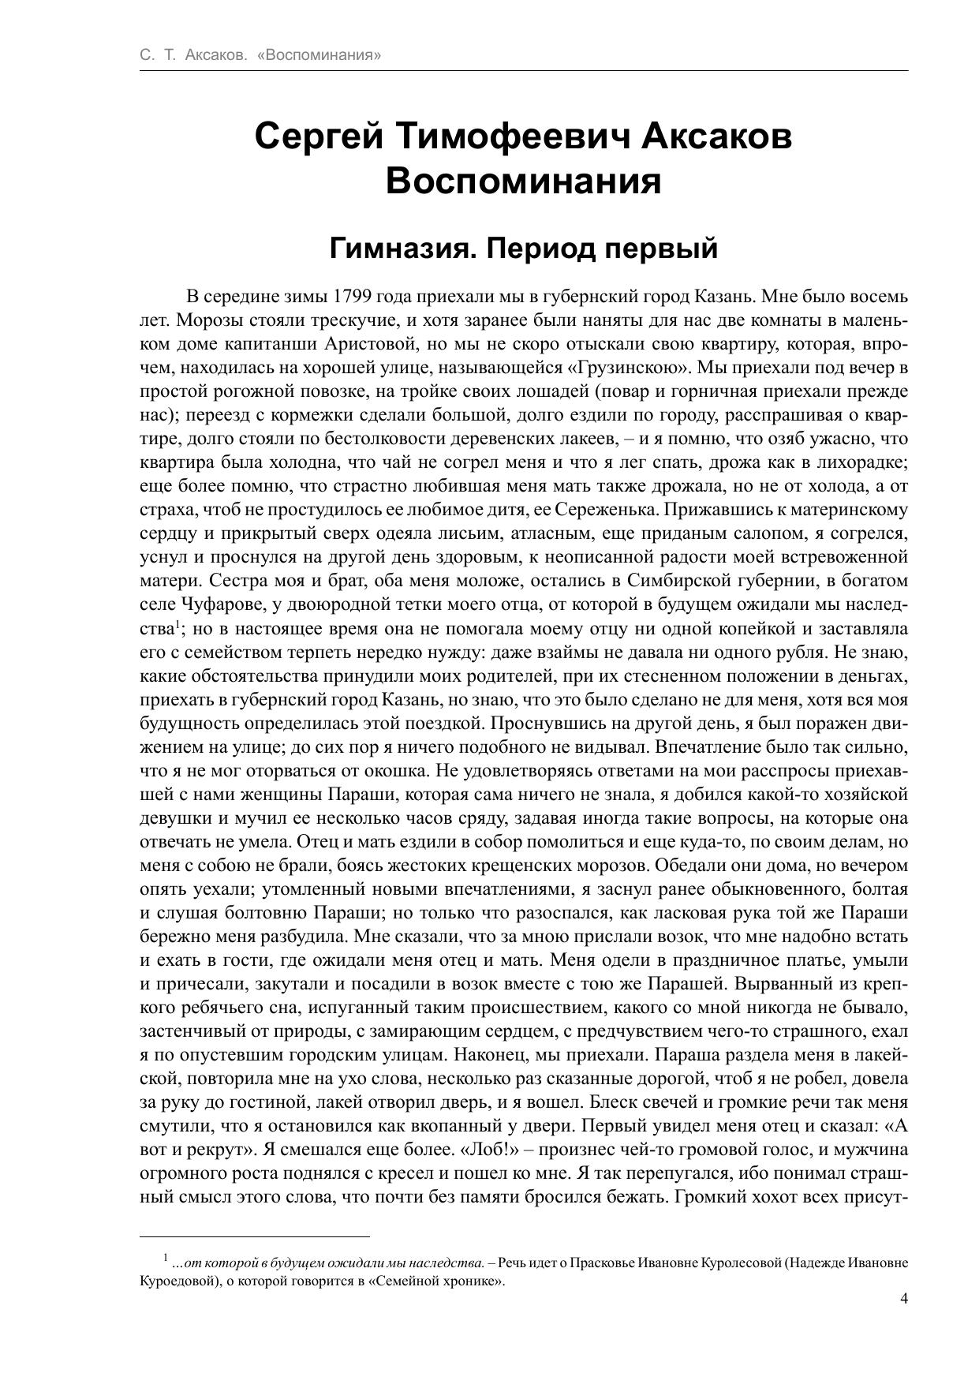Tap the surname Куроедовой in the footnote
click(177, 1281)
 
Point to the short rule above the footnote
click(255, 1236)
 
